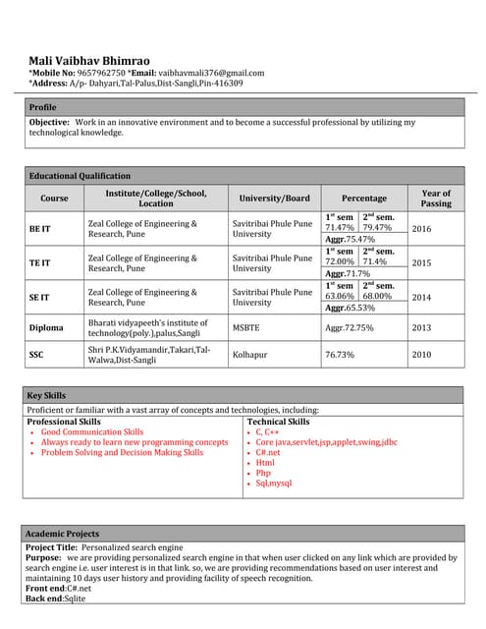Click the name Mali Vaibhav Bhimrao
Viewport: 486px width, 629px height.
[x=89, y=61]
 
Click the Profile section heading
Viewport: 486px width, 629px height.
[x=42, y=106]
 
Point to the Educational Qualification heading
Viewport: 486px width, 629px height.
[x=80, y=175]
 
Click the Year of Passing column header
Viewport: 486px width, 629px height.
[x=435, y=198]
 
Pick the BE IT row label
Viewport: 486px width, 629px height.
[x=40, y=228]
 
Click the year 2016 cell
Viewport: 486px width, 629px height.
[x=421, y=228]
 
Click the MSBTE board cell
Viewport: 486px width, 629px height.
[x=246, y=327]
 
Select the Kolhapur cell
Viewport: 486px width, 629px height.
[x=251, y=354]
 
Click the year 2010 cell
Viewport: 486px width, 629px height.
[x=421, y=354]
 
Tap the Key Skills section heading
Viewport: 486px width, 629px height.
[x=47, y=395]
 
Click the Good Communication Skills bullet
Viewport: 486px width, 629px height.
[x=91, y=431]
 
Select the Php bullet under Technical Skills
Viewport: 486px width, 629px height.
[x=264, y=473]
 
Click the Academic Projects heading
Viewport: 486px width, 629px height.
[x=62, y=533]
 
